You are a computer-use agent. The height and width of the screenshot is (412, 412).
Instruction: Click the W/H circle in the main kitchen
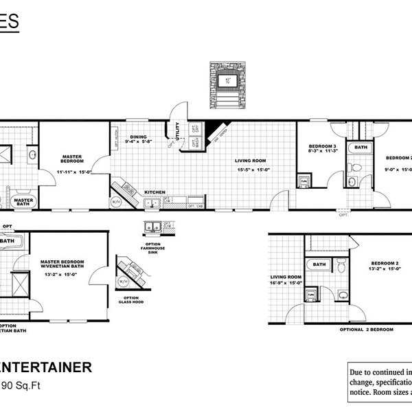pyautogui.click(x=114, y=203)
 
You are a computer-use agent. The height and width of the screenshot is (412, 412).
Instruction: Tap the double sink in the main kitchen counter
pyautogui.click(x=152, y=203)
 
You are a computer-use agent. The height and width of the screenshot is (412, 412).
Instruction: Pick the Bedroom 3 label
pyautogui.click(x=321, y=147)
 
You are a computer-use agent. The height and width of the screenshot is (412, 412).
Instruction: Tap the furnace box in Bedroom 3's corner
pyautogui.click(x=303, y=181)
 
